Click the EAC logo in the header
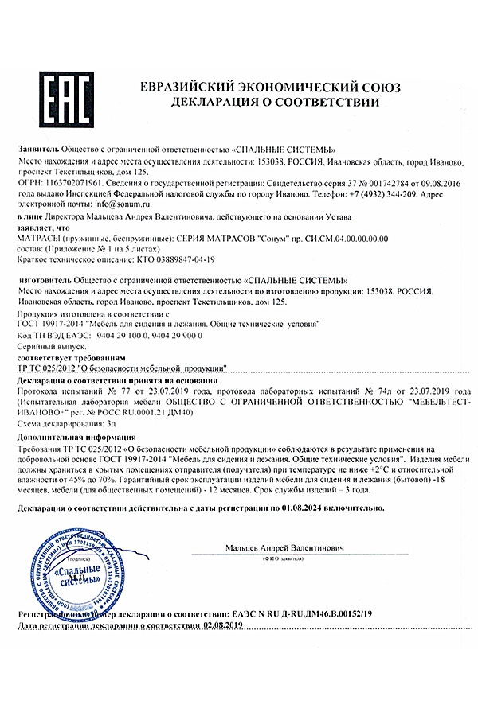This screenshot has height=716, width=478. click(x=69, y=95)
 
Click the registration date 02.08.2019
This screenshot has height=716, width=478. click(x=217, y=626)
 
